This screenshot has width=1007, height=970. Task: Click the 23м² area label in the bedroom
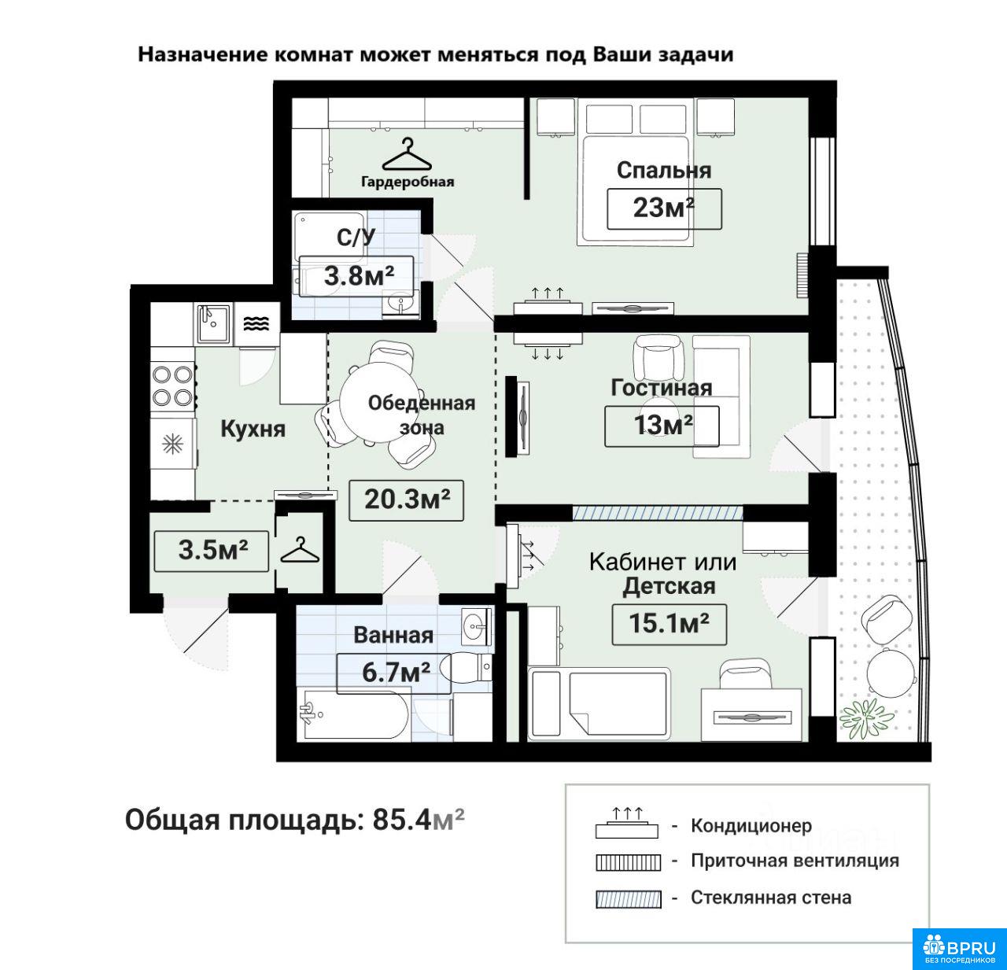tap(664, 208)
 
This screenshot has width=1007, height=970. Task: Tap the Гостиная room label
tap(662, 388)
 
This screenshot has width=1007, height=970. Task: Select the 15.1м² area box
tap(669, 625)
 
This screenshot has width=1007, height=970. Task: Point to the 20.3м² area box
tap(407, 500)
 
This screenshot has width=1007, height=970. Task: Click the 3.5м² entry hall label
tap(212, 551)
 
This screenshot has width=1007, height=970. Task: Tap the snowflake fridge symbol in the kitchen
tap(172, 444)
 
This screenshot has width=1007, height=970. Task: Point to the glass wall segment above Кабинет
tap(658, 513)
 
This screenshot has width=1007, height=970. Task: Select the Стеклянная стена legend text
tap(771, 898)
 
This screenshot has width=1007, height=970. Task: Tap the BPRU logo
tap(960, 948)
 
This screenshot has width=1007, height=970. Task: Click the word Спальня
tap(664, 171)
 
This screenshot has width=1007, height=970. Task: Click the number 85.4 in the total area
tap(401, 821)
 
